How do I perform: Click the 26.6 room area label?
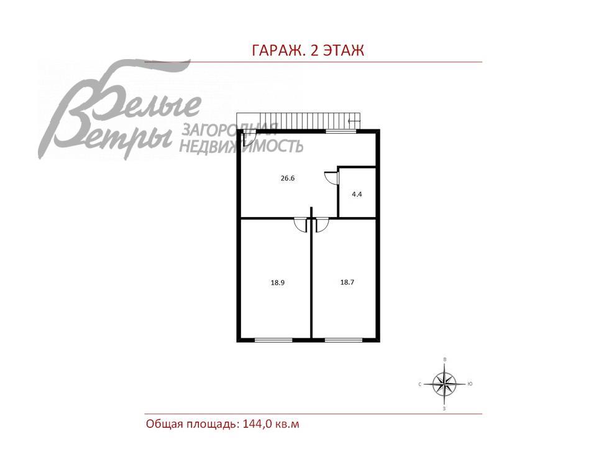click(287, 178)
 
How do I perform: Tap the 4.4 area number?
click(357, 194)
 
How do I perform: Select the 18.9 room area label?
click(277, 282)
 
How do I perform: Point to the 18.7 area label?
click(347, 282)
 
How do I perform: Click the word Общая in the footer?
click(164, 424)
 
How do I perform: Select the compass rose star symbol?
click(444, 384)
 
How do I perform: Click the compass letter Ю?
click(470, 384)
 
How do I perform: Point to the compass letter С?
click(420, 385)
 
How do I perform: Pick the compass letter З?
click(444, 409)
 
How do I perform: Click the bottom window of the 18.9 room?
click(273, 340)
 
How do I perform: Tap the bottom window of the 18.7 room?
click(344, 340)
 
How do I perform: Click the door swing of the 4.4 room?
click(331, 178)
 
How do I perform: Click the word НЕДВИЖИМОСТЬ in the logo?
click(241, 147)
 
